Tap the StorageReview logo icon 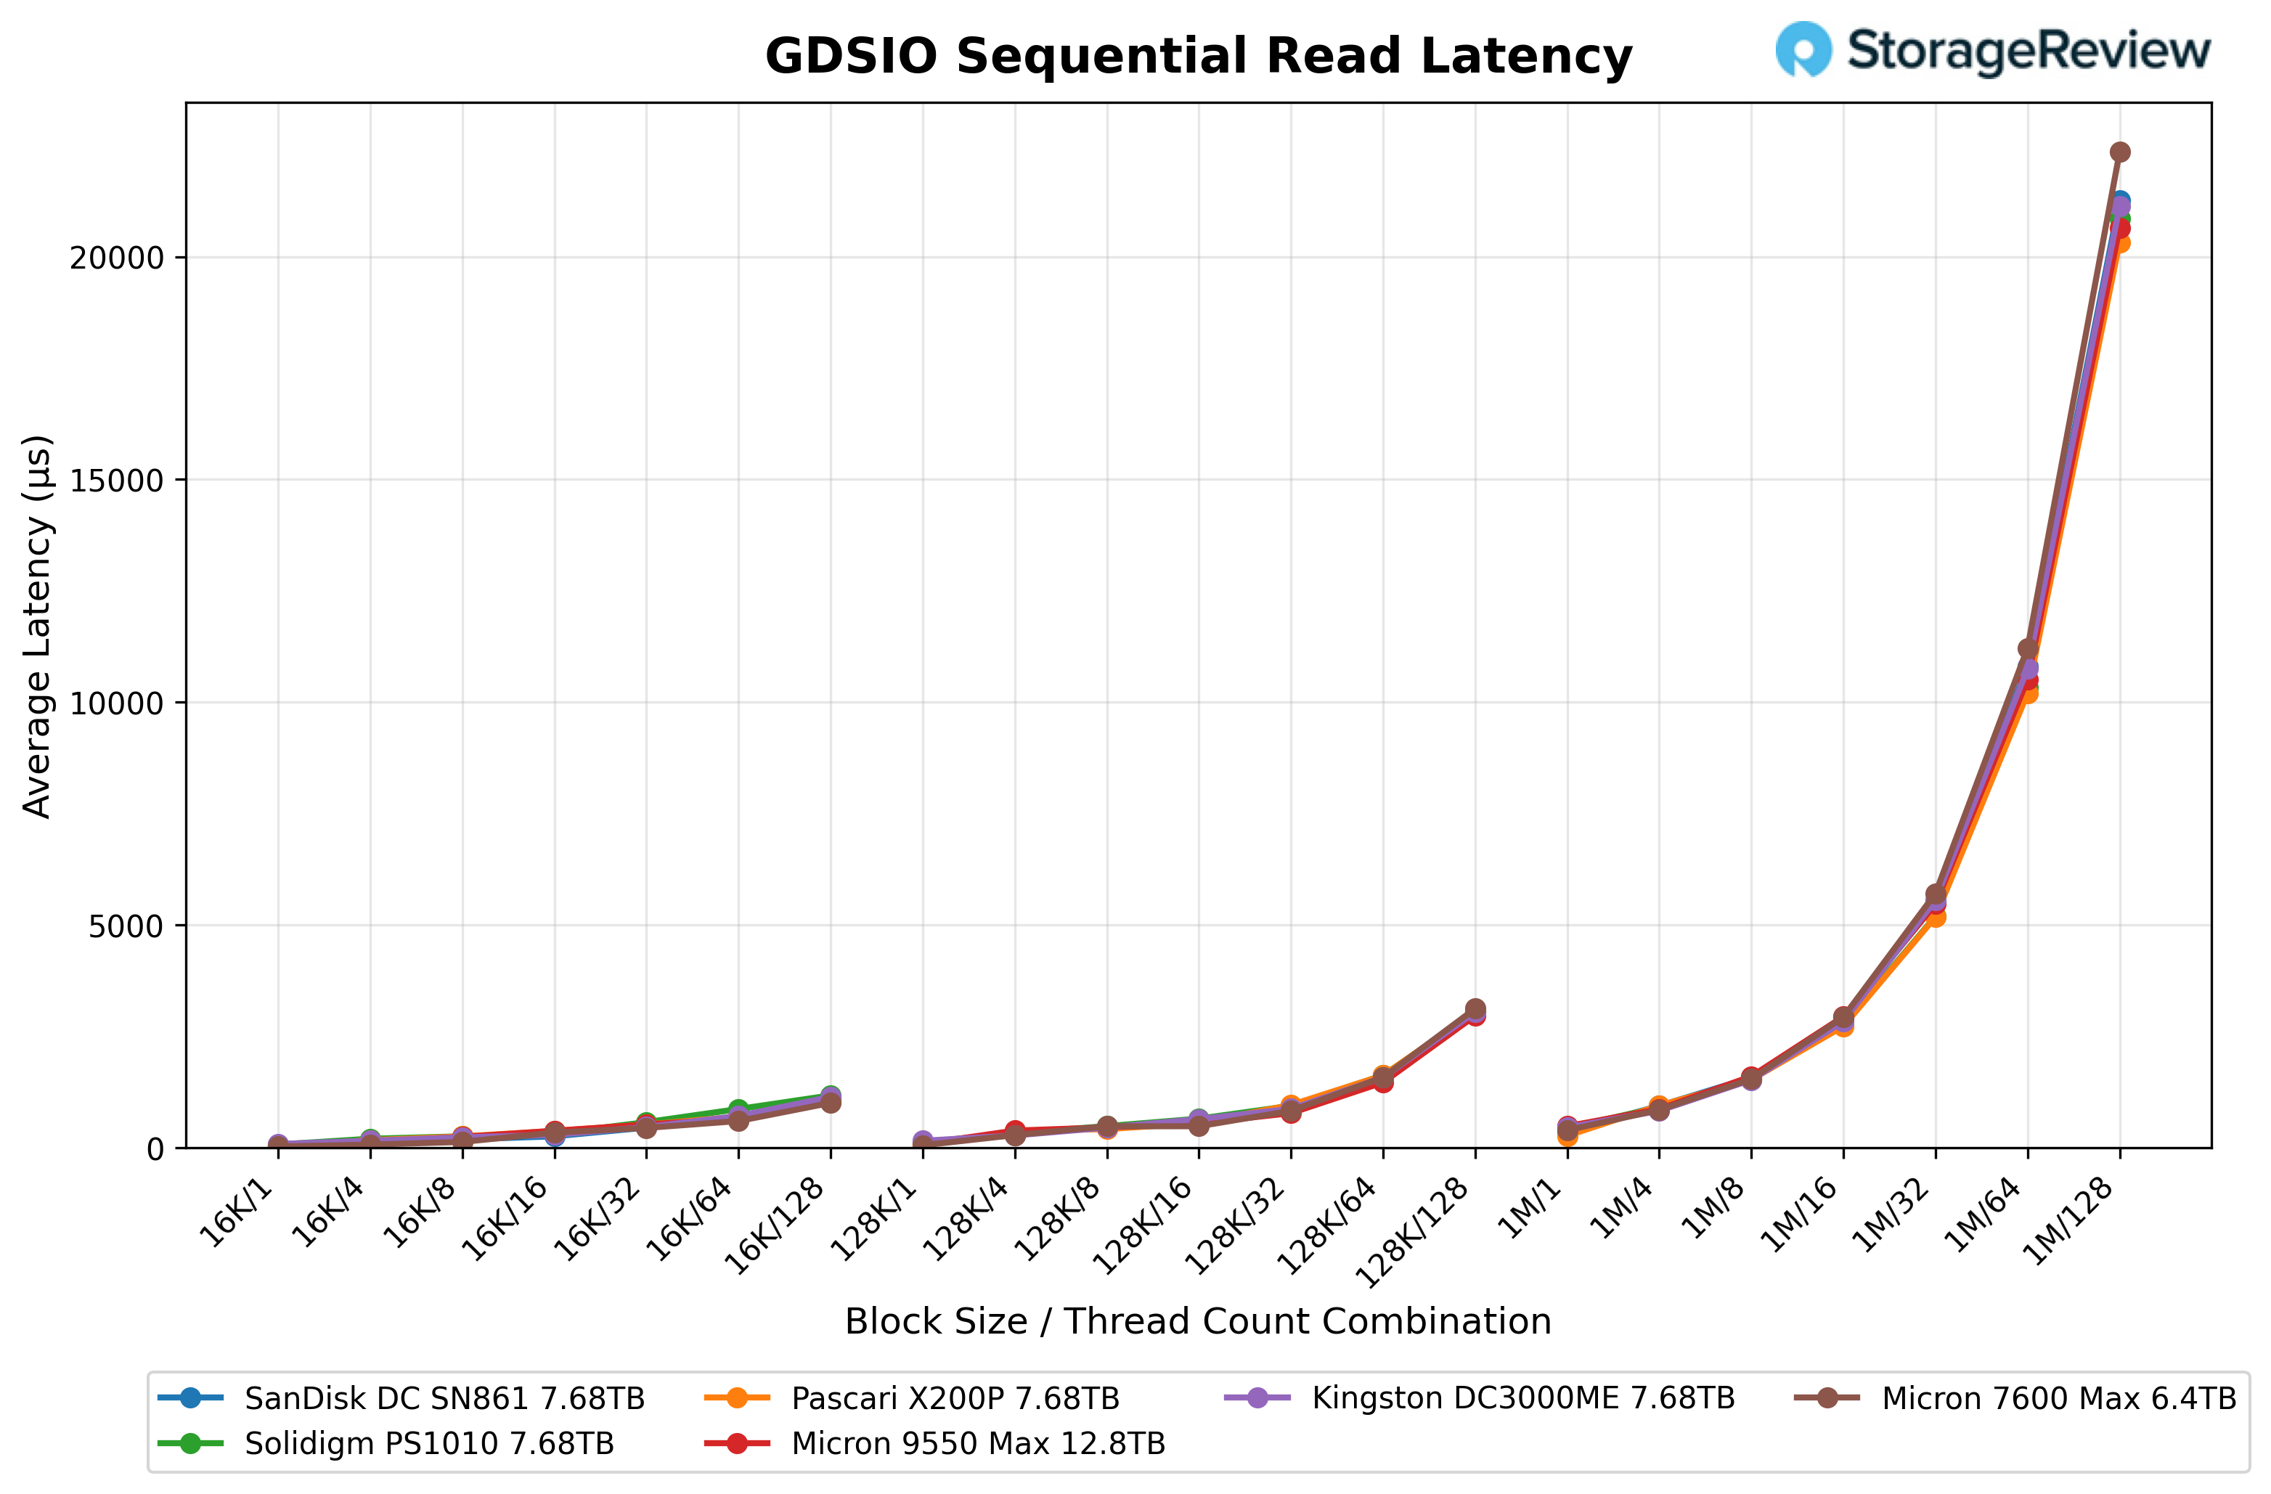[1803, 49]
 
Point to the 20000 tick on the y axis [116, 258]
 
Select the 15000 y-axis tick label [116, 481]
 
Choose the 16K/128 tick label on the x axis [775, 1226]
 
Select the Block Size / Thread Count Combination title [1197, 1321]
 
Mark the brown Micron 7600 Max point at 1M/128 [2119, 152]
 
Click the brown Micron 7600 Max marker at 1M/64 [2028, 649]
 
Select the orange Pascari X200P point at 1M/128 [2119, 243]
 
